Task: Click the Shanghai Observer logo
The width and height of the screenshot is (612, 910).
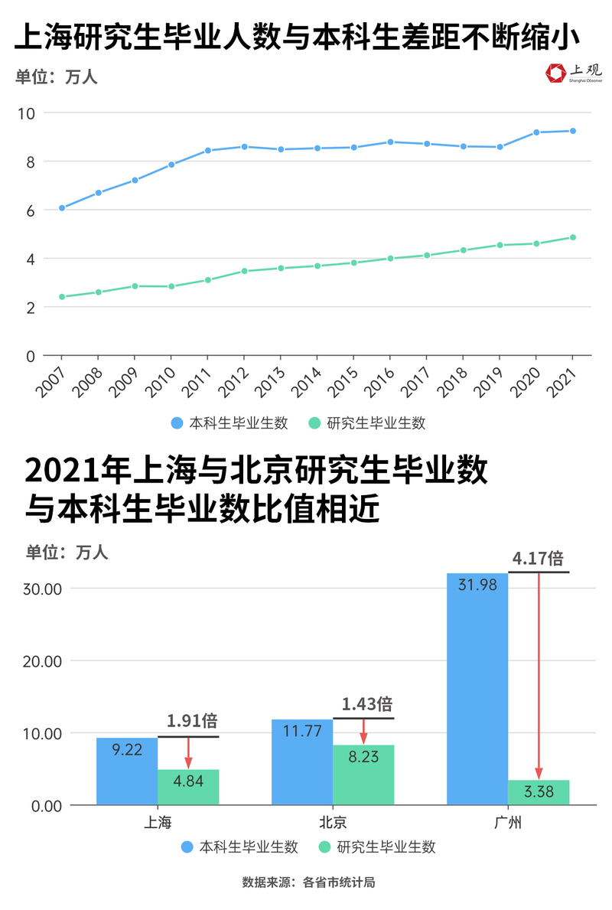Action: pos(573,73)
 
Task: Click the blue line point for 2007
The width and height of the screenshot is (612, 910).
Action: pos(62,208)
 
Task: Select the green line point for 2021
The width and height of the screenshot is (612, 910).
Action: pos(573,237)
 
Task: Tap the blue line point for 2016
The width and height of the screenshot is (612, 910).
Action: pos(390,142)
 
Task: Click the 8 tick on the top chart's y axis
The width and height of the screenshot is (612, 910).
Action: pos(29,161)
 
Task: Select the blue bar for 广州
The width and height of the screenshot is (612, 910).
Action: pos(477,689)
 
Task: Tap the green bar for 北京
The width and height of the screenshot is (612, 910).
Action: pos(363,775)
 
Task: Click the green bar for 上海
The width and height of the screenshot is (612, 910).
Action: pos(188,787)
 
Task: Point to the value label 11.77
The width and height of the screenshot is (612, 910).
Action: pos(302,731)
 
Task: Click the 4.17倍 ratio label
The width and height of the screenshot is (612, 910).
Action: pos(539,558)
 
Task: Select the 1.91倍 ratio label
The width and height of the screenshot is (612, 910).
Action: pos(192,720)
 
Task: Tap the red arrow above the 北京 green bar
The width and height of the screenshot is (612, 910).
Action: pos(363,730)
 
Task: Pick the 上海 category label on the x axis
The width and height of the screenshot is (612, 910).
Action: pos(158,823)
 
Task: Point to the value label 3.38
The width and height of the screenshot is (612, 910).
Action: pos(539,792)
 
